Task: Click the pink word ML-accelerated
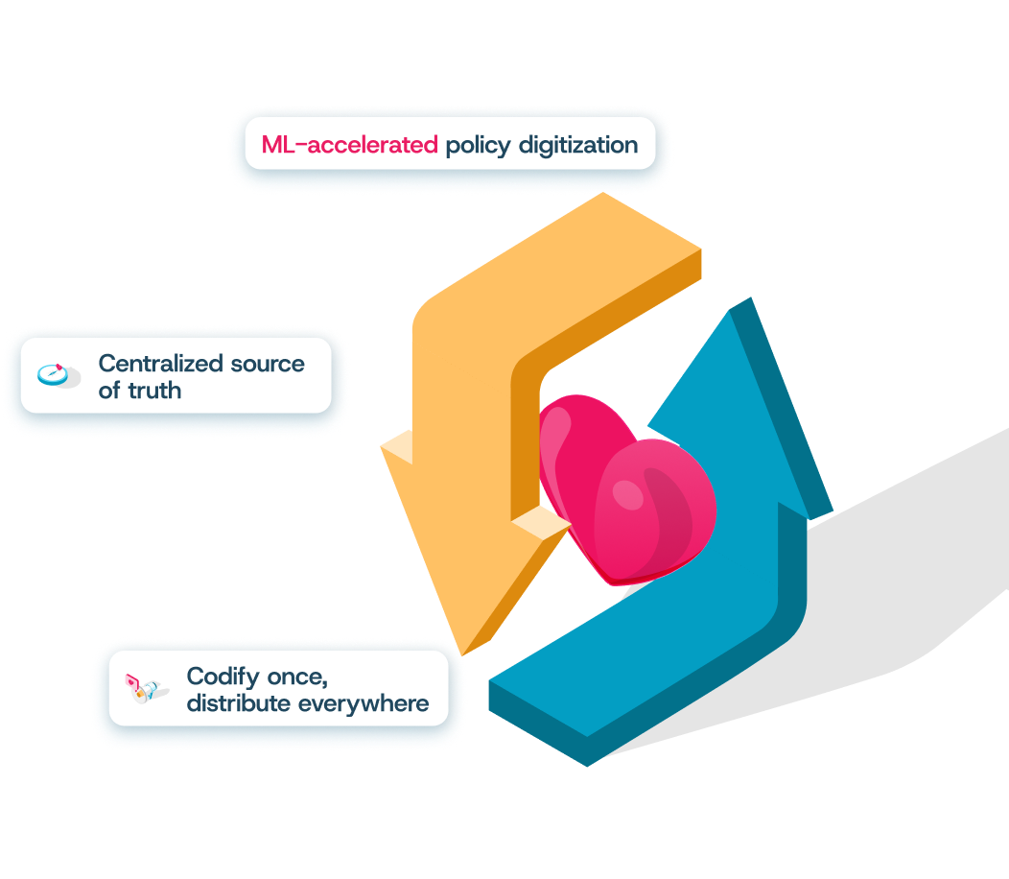[349, 145]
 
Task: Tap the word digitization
[577, 146]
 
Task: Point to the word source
[268, 364]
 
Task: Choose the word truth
[154, 391]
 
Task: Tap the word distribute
[238, 703]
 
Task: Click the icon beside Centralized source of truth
[57, 374]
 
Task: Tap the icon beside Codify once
[143, 688]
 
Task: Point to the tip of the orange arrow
[462, 653]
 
